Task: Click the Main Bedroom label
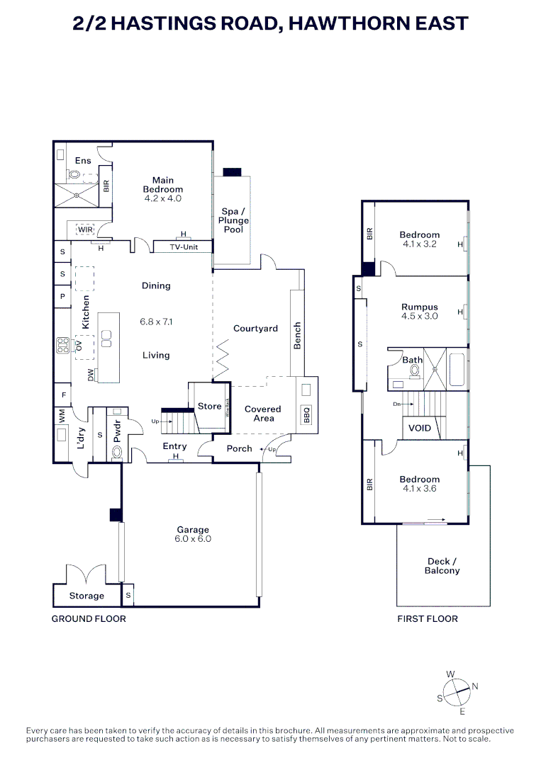(x=163, y=185)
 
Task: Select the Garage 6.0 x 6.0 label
(x=193, y=534)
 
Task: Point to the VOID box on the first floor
(x=419, y=429)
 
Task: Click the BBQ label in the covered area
(x=307, y=414)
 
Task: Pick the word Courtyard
(x=255, y=329)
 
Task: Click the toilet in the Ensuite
(x=74, y=175)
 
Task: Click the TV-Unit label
(x=183, y=247)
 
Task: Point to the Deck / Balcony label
(x=442, y=566)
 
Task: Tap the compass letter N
(x=475, y=686)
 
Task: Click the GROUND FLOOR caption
(x=89, y=619)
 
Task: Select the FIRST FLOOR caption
(x=427, y=619)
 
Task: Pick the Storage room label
(x=87, y=596)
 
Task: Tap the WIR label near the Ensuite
(x=85, y=229)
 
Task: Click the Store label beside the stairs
(x=209, y=407)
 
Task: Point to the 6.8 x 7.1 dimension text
(x=156, y=322)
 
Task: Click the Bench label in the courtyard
(x=298, y=336)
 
